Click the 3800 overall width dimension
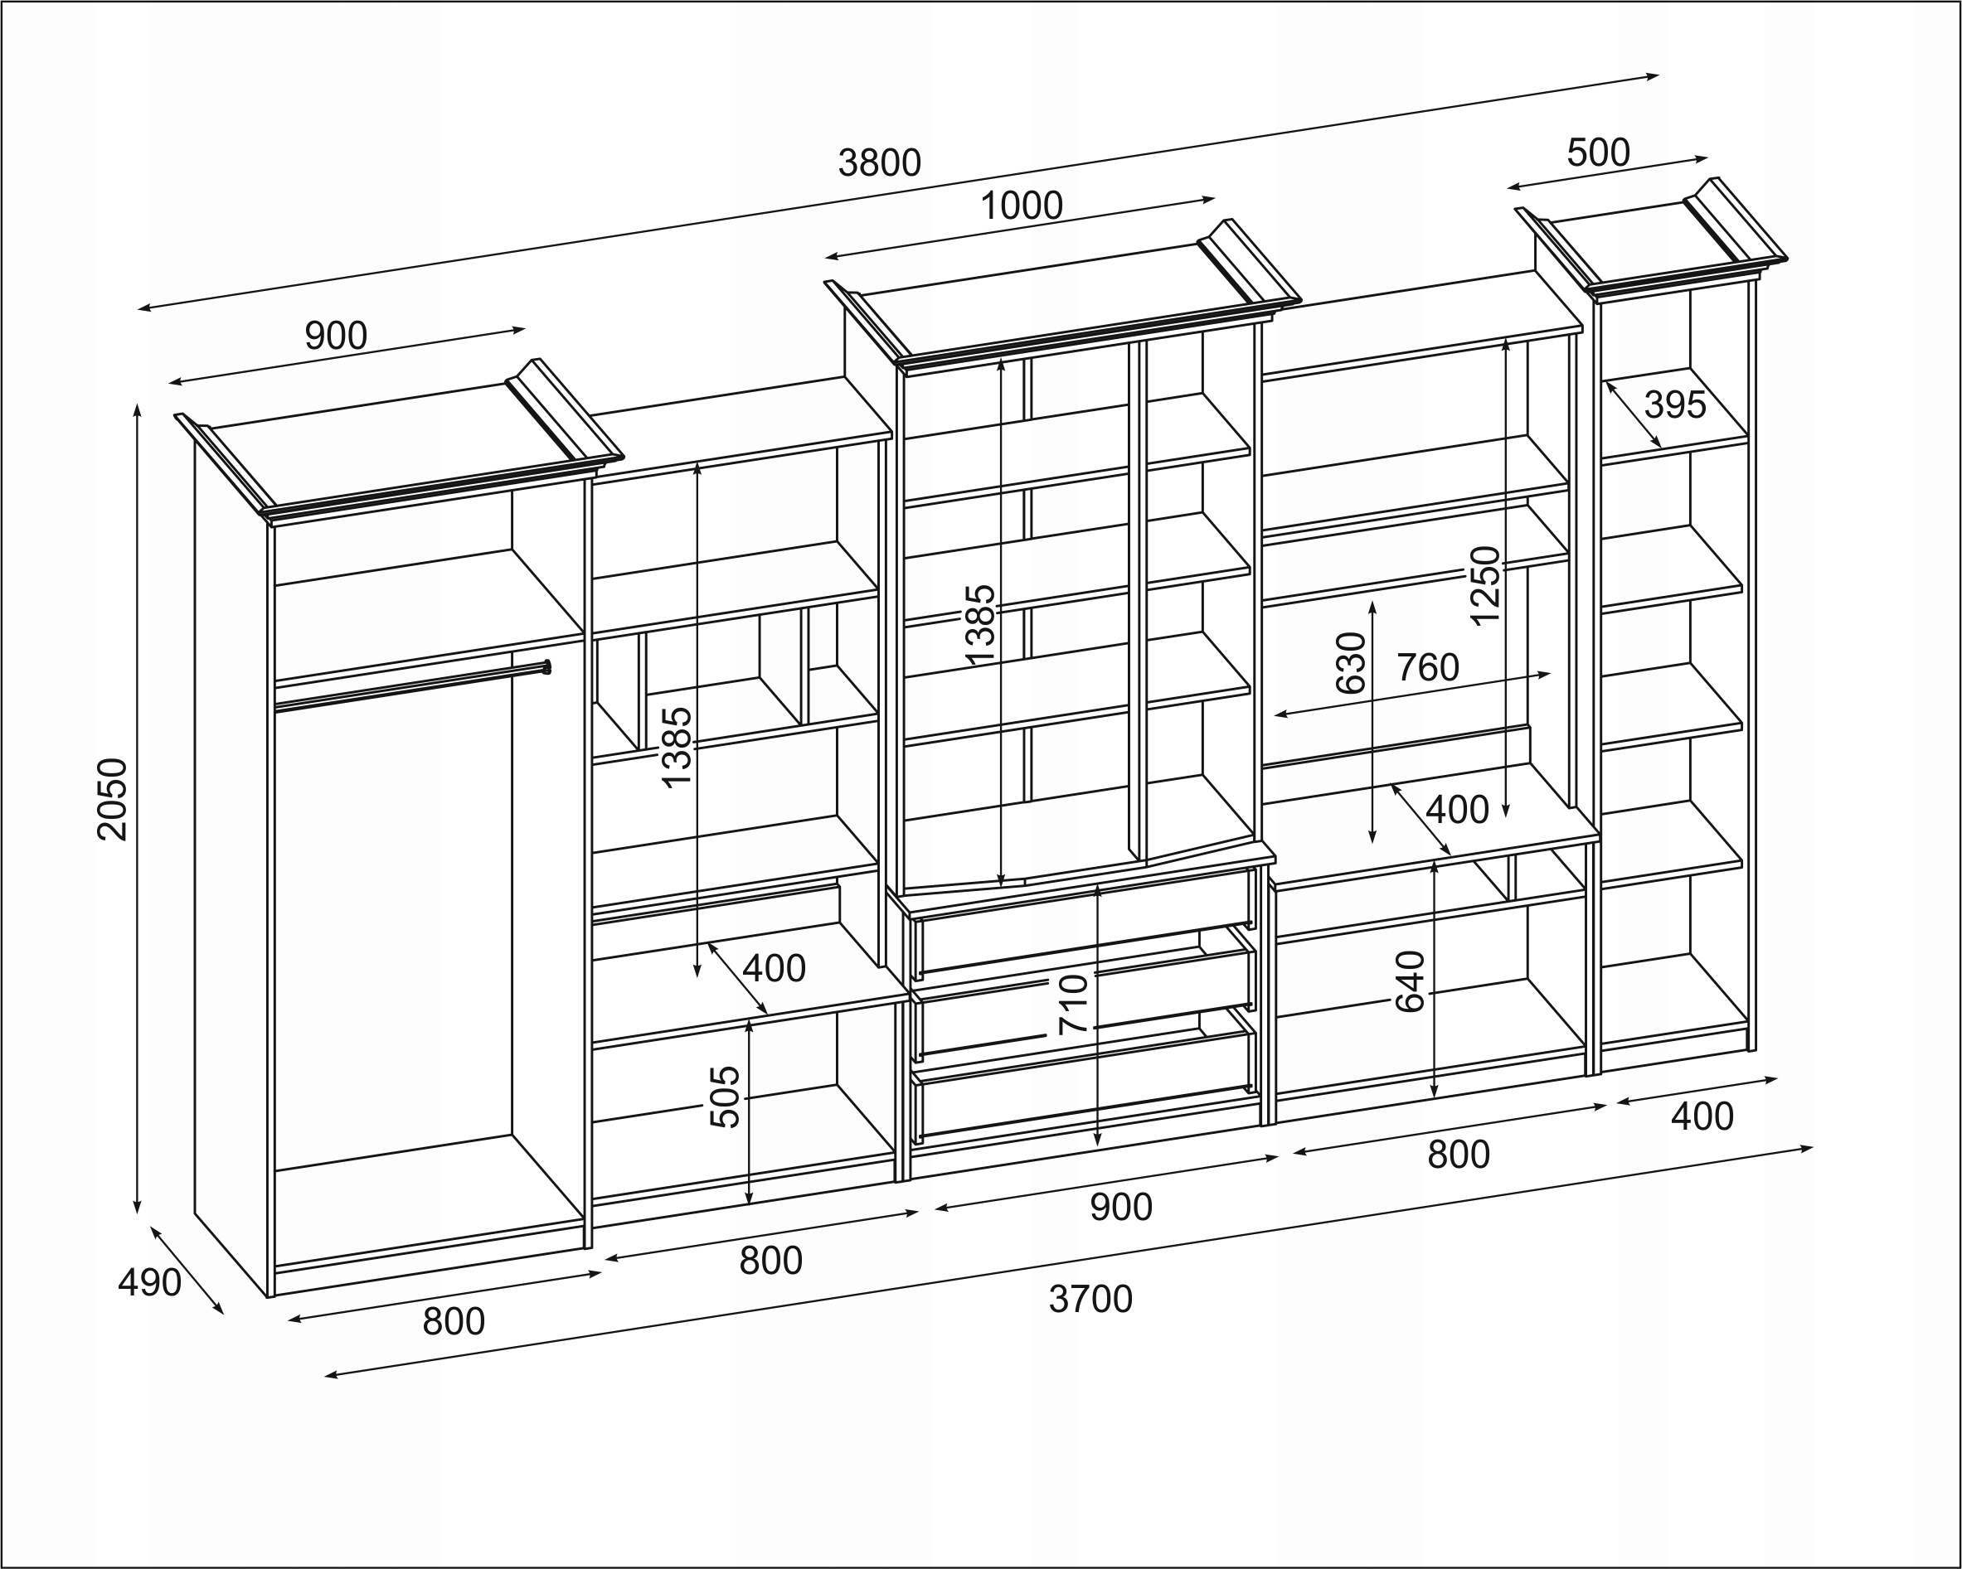[x=880, y=164]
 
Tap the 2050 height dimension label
[x=114, y=800]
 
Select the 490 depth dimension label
[x=149, y=1282]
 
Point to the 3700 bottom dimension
[x=1090, y=1300]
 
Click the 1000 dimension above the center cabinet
[x=1021, y=206]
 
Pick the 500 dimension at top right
[x=1598, y=153]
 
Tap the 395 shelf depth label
[x=1675, y=404]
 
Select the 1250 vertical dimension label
[x=1484, y=585]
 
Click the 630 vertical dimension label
[x=1352, y=663]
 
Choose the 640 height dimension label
[x=1410, y=981]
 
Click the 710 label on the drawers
[x=1074, y=1005]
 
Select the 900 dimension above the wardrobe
[x=336, y=337]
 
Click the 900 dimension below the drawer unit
[x=1121, y=1207]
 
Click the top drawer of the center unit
[x=1085, y=923]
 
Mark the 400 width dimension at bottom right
[x=1702, y=1116]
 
